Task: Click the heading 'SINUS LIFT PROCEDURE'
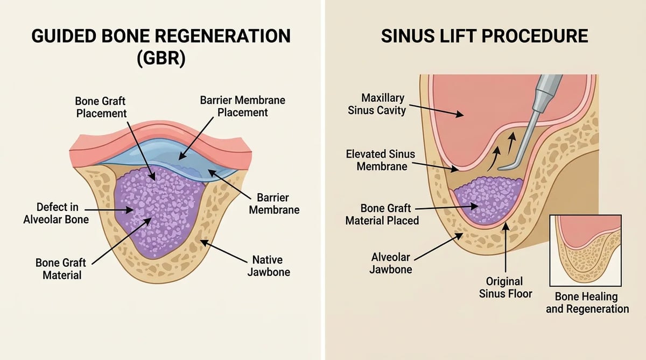click(484, 36)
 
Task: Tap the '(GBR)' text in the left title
click(161, 58)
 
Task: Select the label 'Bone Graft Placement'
click(101, 107)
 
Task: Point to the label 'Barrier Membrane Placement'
click(243, 107)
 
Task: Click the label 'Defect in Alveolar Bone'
click(56, 213)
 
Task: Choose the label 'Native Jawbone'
click(269, 266)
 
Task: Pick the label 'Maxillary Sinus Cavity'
click(376, 104)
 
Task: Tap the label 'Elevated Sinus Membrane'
click(381, 160)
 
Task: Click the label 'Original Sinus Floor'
click(505, 288)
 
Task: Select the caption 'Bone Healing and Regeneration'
click(587, 302)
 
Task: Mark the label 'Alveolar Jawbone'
click(390, 264)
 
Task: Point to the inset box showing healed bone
click(586, 250)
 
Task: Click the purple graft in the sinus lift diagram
click(487, 200)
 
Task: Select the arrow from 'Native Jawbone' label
click(224, 251)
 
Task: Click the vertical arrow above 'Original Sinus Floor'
click(505, 248)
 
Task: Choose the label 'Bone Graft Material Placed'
click(382, 215)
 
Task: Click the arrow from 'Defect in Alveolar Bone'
click(109, 210)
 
